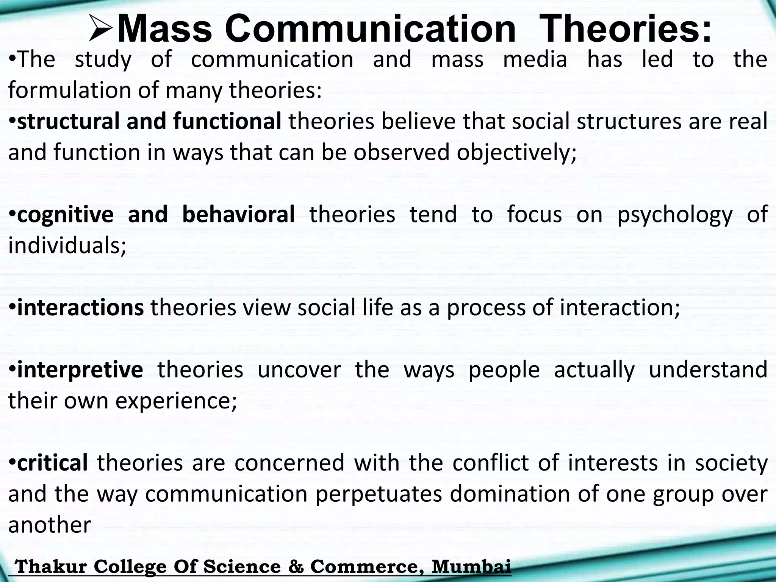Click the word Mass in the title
[164, 30]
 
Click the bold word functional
[227, 121]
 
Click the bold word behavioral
[238, 214]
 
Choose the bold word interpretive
[80, 370]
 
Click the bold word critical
[52, 463]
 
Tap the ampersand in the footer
[296, 567]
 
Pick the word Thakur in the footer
[52, 567]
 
